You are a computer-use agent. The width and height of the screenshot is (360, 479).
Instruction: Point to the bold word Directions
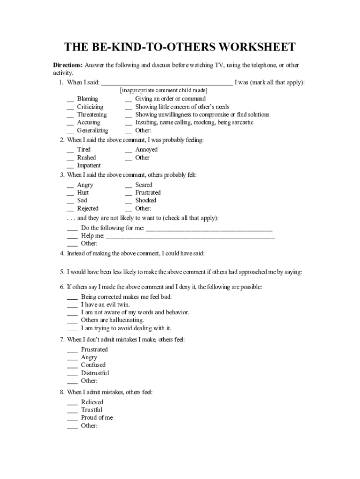(67, 65)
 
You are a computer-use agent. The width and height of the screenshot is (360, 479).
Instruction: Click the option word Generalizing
(93, 131)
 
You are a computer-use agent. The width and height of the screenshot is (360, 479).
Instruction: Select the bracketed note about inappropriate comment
(164, 90)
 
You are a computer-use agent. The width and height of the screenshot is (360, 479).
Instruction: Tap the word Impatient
(89, 165)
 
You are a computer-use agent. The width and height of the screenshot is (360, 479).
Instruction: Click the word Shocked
(146, 200)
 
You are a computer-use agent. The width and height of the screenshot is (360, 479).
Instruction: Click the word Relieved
(92, 402)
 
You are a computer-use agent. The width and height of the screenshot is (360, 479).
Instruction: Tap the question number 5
(62, 272)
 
